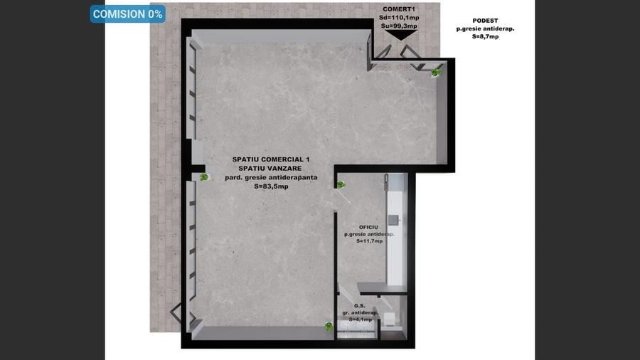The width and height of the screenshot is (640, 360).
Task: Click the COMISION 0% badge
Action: [128, 14]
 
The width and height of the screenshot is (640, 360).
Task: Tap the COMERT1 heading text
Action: [399, 9]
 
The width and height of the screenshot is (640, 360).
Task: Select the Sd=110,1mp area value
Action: [399, 18]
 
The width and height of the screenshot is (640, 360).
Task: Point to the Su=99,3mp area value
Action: [399, 26]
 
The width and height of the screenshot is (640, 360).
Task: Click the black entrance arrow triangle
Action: [401, 36]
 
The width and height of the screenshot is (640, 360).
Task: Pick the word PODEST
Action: [485, 21]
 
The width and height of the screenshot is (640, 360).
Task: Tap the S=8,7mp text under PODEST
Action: [485, 37]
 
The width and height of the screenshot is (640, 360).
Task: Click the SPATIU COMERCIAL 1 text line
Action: [271, 159]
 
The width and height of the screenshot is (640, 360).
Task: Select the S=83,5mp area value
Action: [271, 186]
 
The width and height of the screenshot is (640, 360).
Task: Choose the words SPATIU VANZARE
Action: [270, 169]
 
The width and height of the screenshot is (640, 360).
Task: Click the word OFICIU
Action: [368, 228]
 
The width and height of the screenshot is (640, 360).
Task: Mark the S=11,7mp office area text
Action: [369, 241]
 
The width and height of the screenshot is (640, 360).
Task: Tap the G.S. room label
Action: [359, 306]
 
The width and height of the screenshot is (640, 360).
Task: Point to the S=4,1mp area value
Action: [360, 319]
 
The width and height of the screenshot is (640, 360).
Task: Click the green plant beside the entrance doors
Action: [436, 73]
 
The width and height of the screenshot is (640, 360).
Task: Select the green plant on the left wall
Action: [203, 177]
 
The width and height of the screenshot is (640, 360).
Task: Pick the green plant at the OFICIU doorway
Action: [341, 185]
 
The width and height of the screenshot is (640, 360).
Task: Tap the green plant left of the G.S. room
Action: [329, 327]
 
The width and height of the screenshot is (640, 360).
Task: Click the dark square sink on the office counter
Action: [393, 221]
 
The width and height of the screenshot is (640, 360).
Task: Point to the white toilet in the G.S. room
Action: [389, 319]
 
